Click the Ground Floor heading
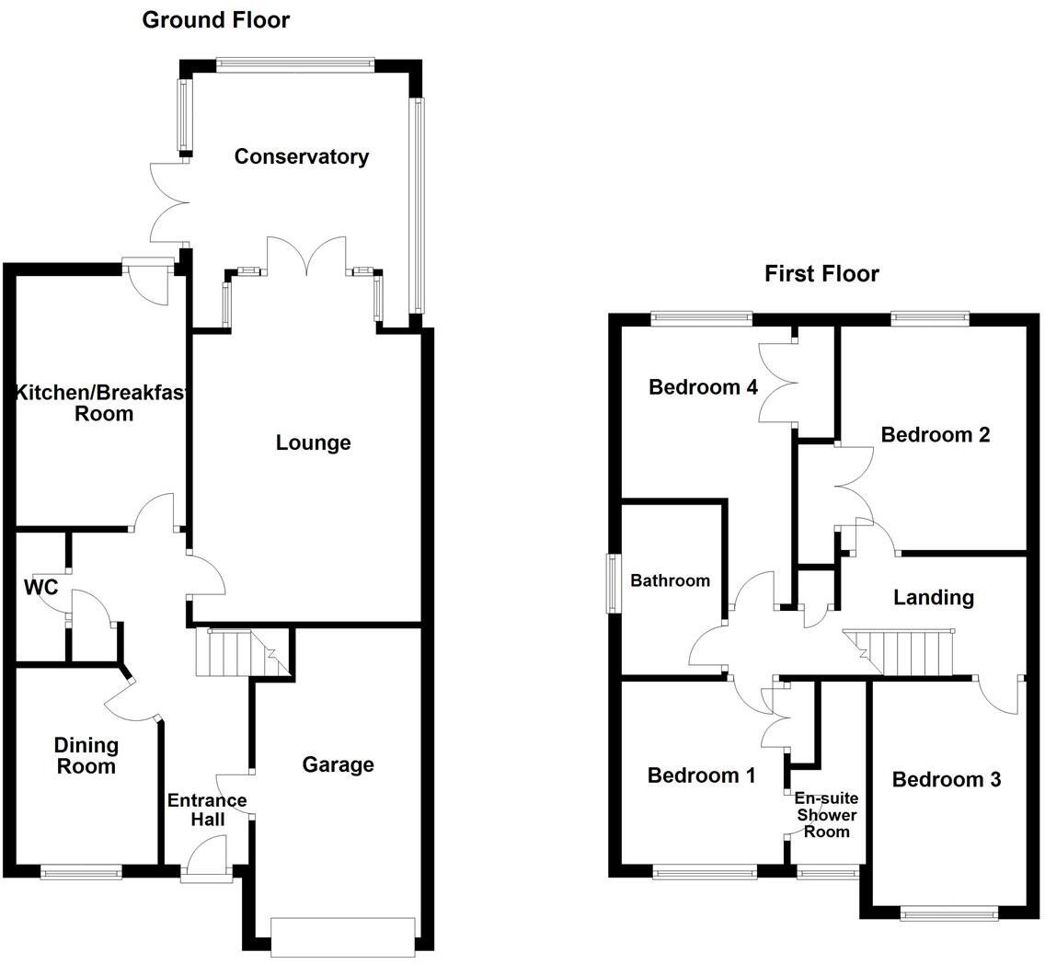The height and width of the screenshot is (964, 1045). [215, 19]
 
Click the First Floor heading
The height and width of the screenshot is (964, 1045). [821, 273]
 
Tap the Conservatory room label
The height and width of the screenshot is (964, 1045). [301, 156]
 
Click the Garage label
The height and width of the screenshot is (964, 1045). [338, 764]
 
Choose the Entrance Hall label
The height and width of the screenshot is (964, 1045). [207, 809]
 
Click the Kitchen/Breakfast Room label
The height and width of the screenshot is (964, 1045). [101, 404]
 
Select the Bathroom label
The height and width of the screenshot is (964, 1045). [670, 580]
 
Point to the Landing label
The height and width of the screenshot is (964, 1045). [933, 597]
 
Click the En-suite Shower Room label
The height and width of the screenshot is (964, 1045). [825, 815]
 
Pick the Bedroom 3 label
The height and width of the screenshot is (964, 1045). [947, 780]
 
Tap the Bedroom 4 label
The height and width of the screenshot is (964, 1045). [703, 386]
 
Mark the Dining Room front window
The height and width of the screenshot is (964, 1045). [81, 871]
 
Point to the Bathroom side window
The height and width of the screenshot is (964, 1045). [613, 582]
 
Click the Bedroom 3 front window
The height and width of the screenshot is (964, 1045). [948, 913]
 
